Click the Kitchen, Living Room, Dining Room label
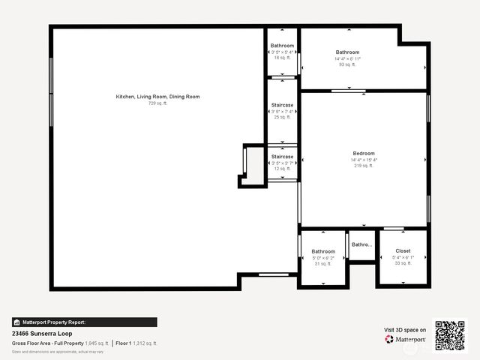[157, 97]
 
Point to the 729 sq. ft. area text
[157, 103]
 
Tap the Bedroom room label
[364, 153]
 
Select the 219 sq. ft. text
[364, 166]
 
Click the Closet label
[403, 251]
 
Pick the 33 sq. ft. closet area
[403, 263]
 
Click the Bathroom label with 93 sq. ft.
[347, 52]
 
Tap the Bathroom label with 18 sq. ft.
[282, 46]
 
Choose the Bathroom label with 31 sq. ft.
[323, 251]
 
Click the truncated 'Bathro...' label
[362, 244]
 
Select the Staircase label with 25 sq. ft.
[282, 105]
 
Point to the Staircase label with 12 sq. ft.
[282, 157]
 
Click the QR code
[450, 335]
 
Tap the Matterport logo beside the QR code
[405, 339]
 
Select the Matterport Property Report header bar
[84, 322]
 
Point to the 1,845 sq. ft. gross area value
[97, 343]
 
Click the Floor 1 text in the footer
[124, 343]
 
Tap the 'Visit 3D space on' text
[405, 329]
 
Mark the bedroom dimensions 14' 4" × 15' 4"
[364, 160]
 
